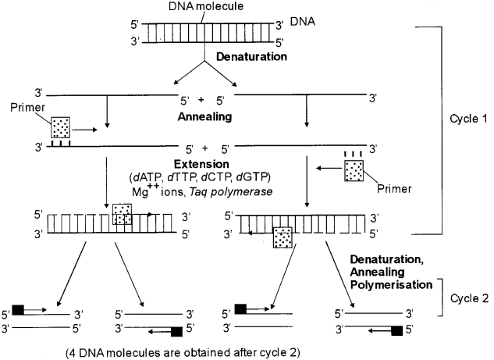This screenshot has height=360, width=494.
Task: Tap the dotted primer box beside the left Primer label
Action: pos(62,128)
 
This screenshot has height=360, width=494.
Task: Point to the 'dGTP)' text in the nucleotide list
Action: pos(262,177)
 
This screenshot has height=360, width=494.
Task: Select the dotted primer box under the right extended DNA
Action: pos(282,237)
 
